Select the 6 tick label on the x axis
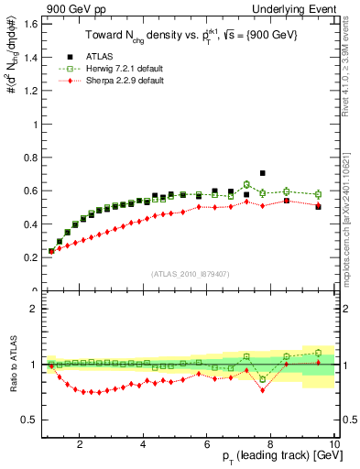(x=207, y=444)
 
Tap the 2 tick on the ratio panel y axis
(x=35, y=309)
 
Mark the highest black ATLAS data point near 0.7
(x=262, y=172)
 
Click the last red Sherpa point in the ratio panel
(x=318, y=365)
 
